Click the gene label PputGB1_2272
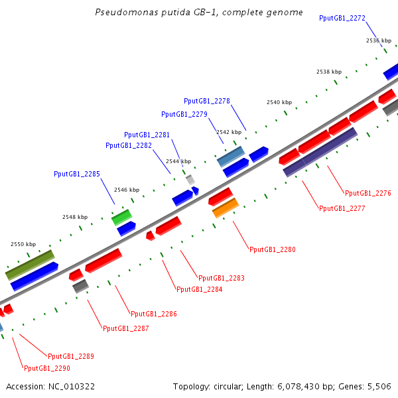[342, 19]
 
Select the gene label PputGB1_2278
[207, 101]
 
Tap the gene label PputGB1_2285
[77, 174]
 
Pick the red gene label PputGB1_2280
[273, 249]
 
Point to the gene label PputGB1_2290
[47, 368]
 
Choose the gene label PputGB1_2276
[368, 193]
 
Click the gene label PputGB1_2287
[126, 328]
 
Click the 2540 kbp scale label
[279, 102]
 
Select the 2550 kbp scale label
[23, 244]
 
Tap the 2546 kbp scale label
[127, 190]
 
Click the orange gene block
[225, 208]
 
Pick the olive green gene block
[30, 264]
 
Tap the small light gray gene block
[190, 179]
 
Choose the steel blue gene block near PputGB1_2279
[231, 157]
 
